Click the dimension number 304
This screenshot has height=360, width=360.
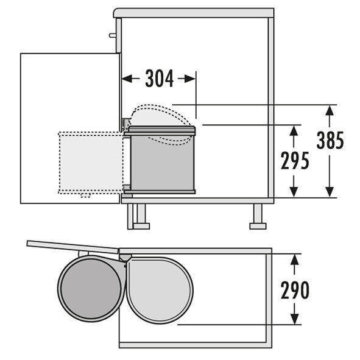[160, 79]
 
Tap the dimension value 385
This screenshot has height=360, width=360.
[330, 140]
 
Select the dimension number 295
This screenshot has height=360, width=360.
[295, 160]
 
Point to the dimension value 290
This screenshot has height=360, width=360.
[295, 290]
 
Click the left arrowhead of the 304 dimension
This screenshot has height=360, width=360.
[127, 79]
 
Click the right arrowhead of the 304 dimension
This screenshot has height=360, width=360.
[190, 79]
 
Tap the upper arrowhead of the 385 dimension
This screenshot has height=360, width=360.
[330, 110]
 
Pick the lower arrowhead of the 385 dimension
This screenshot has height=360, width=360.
[330, 192]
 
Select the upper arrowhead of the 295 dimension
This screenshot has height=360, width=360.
[294, 130]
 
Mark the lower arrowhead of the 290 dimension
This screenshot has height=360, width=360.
[295, 319]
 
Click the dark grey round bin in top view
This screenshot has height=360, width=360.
[91, 289]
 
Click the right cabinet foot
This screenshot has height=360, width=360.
[258, 216]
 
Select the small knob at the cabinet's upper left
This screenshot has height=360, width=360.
[113, 35]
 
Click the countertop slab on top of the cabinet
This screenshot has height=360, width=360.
[194, 13]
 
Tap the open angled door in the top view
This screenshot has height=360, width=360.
[72, 247]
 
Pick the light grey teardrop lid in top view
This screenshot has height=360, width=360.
[160, 290]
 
